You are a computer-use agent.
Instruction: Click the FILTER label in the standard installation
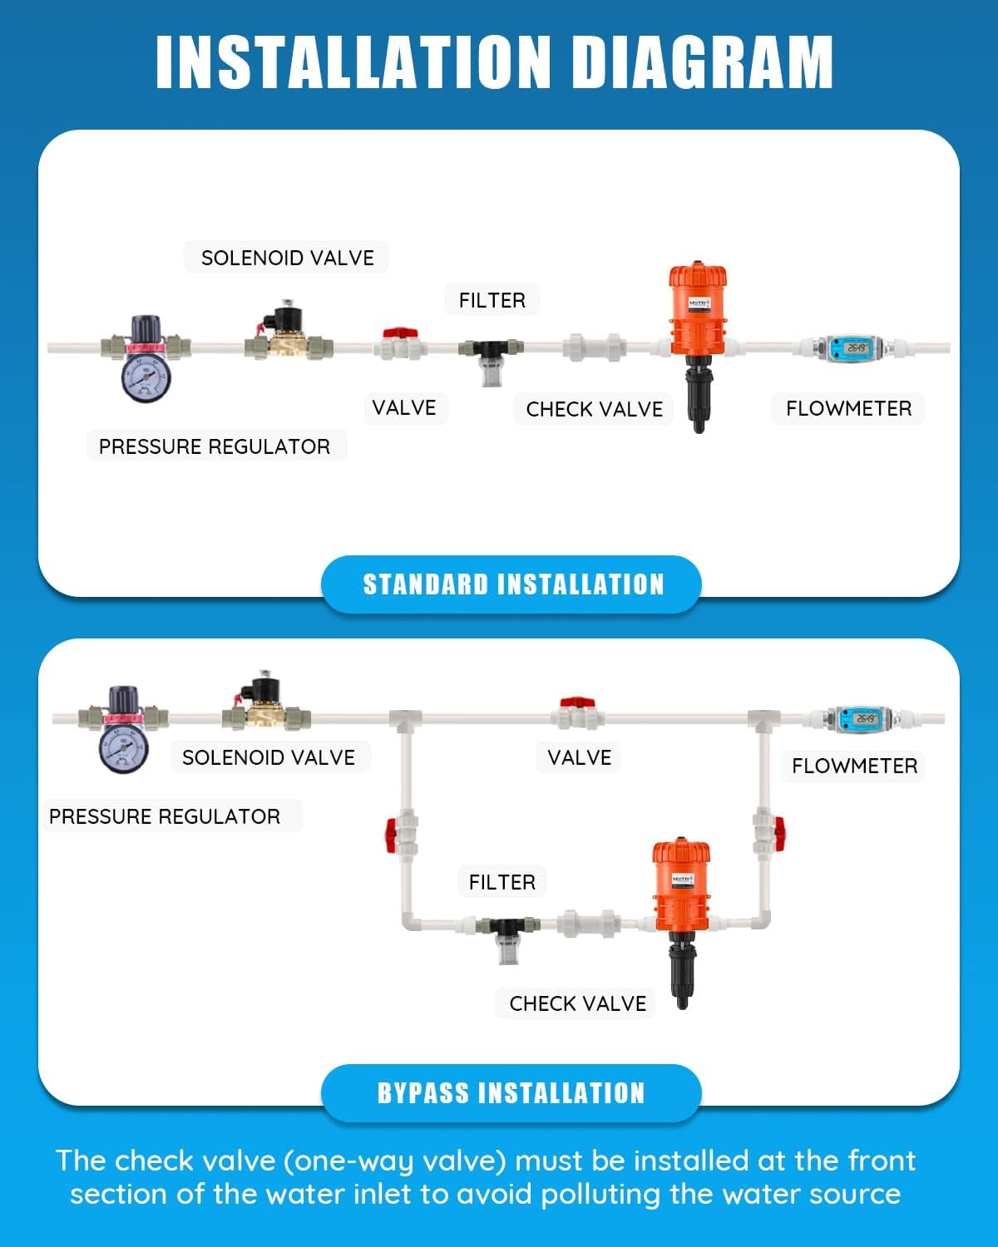pyautogui.click(x=492, y=300)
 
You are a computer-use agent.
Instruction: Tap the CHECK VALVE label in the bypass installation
pyautogui.click(x=578, y=1003)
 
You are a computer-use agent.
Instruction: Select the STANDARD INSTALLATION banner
pyautogui.click(x=512, y=584)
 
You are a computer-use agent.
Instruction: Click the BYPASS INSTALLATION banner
pyautogui.click(x=511, y=1092)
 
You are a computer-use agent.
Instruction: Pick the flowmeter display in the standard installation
pyautogui.click(x=857, y=347)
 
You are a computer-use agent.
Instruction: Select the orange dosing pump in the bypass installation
pyautogui.click(x=681, y=885)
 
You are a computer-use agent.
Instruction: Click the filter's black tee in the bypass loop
pyautogui.click(x=506, y=924)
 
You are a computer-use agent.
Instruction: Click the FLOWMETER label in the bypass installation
pyautogui.click(x=854, y=766)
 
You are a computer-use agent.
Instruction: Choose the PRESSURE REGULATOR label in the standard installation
pyautogui.click(x=215, y=446)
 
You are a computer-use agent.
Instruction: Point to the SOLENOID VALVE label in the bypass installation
pyautogui.click(x=269, y=757)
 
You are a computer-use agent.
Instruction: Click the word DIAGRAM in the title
pyautogui.click(x=703, y=62)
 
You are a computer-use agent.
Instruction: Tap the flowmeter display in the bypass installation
pyautogui.click(x=865, y=718)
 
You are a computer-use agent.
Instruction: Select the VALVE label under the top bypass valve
pyautogui.click(x=579, y=757)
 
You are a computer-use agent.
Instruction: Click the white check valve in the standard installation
pyautogui.click(x=594, y=347)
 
